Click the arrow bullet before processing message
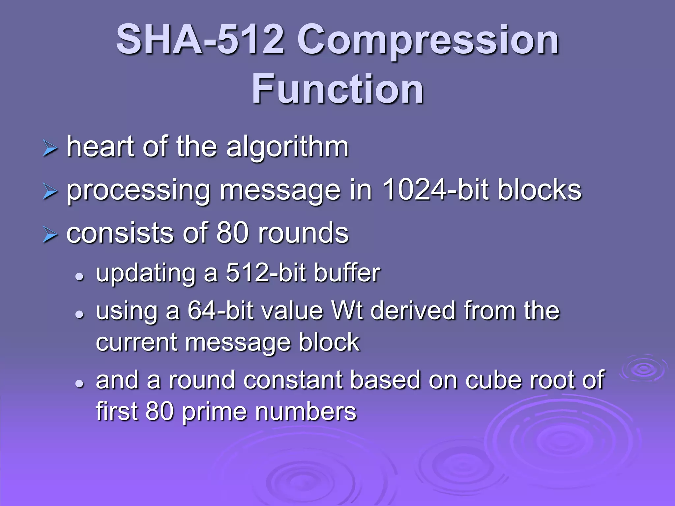[50, 192]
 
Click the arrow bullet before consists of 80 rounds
[50, 235]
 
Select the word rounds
[303, 233]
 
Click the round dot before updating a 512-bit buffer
[79, 277]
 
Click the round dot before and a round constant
[79, 383]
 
